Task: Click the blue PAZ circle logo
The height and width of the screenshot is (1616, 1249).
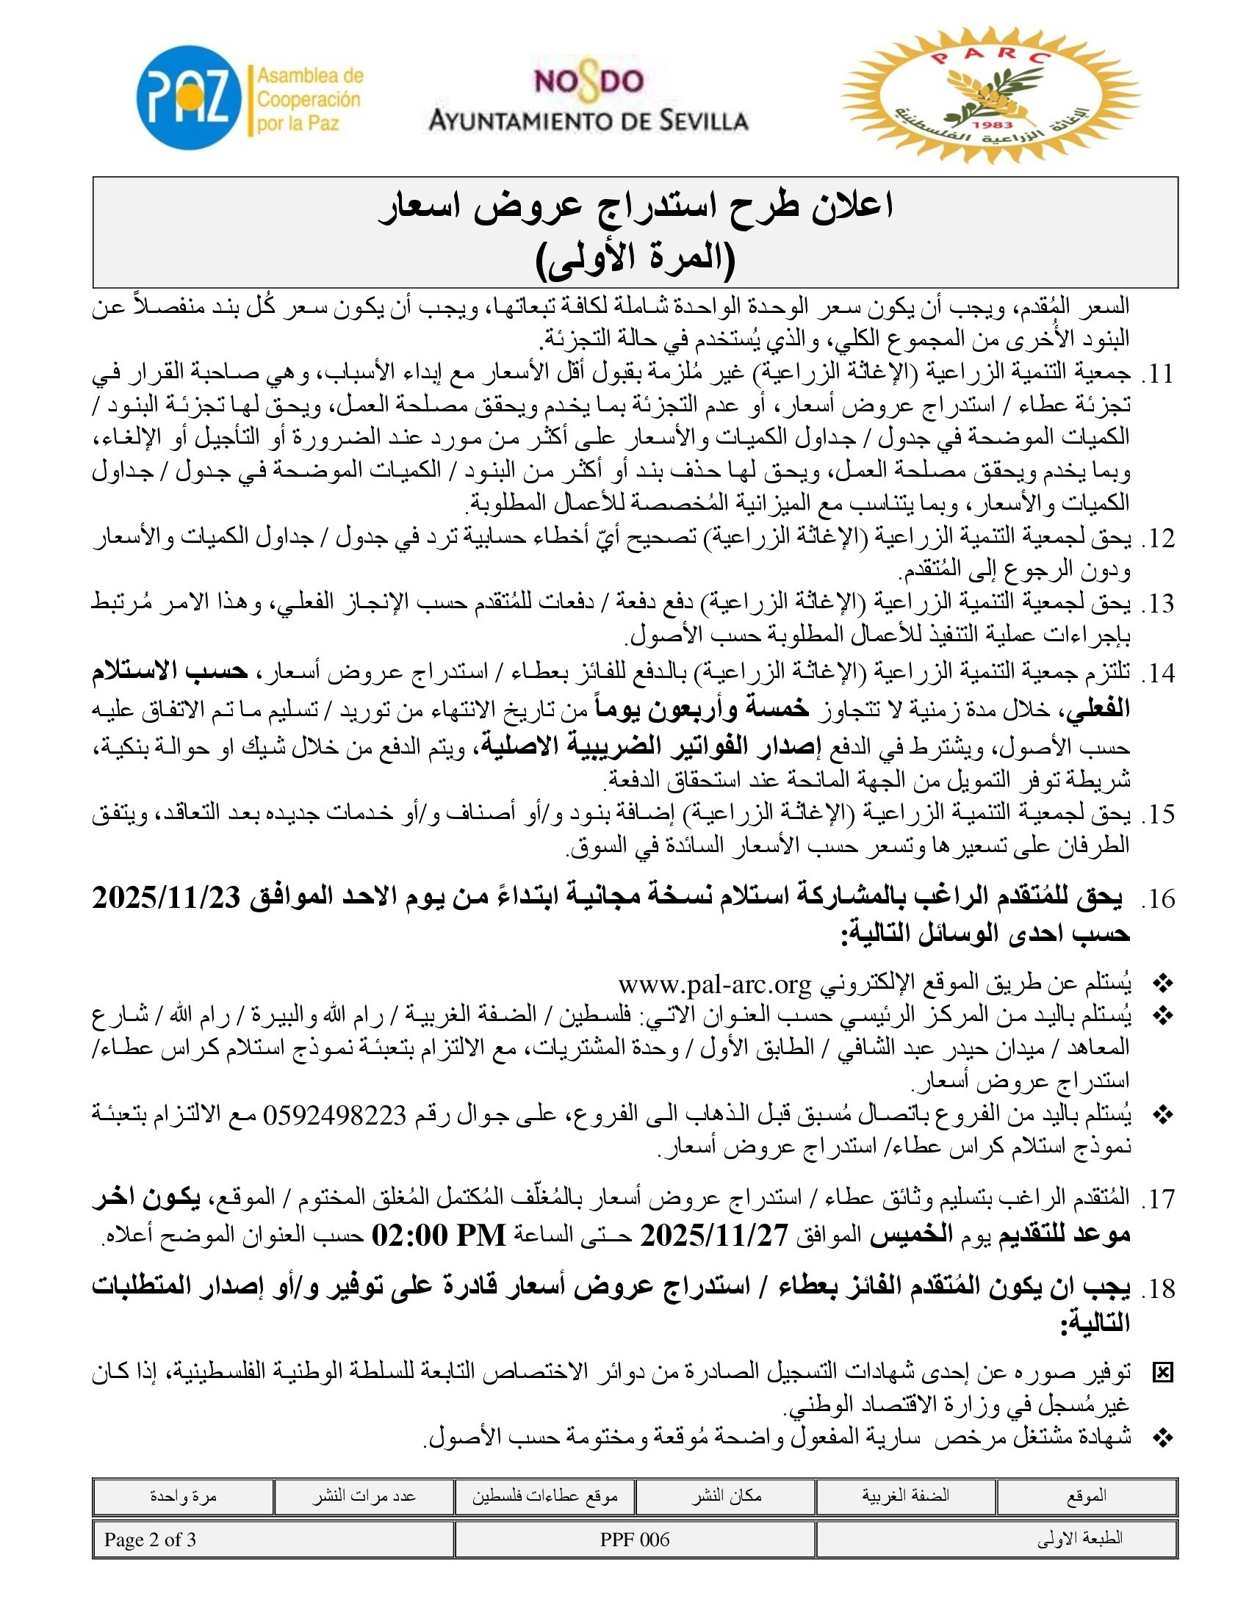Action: [190, 98]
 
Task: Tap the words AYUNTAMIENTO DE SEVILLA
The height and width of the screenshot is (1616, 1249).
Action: [589, 120]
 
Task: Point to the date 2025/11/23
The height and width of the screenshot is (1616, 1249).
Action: [167, 898]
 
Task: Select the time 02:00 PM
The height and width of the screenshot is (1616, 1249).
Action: [438, 1235]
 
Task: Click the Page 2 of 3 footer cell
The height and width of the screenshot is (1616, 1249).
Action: [150, 1540]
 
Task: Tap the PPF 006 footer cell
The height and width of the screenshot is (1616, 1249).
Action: [634, 1540]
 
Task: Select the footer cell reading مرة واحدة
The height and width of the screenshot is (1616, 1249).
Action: [183, 1496]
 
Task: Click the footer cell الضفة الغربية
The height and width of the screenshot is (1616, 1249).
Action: [905, 1496]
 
